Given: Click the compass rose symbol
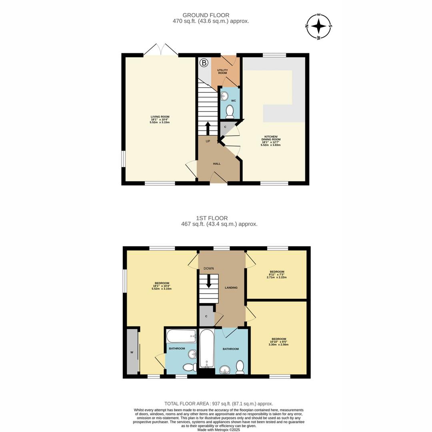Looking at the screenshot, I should (x=318, y=26).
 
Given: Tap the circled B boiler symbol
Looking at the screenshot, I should (x=204, y=63).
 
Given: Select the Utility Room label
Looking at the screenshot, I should (x=222, y=72).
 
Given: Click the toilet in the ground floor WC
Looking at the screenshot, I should (x=230, y=112).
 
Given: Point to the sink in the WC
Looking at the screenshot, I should (x=224, y=96).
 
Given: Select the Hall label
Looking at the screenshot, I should (x=216, y=164).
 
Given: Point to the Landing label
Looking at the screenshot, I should (x=231, y=288).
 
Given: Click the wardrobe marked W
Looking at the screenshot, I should (x=132, y=352).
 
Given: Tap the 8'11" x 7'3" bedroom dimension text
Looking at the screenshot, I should (x=277, y=276).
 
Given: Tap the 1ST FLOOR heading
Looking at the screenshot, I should (x=212, y=218).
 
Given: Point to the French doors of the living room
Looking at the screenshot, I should (x=161, y=50).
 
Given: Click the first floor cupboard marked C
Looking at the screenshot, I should (x=206, y=316).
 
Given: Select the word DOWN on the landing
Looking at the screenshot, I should (x=209, y=268).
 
